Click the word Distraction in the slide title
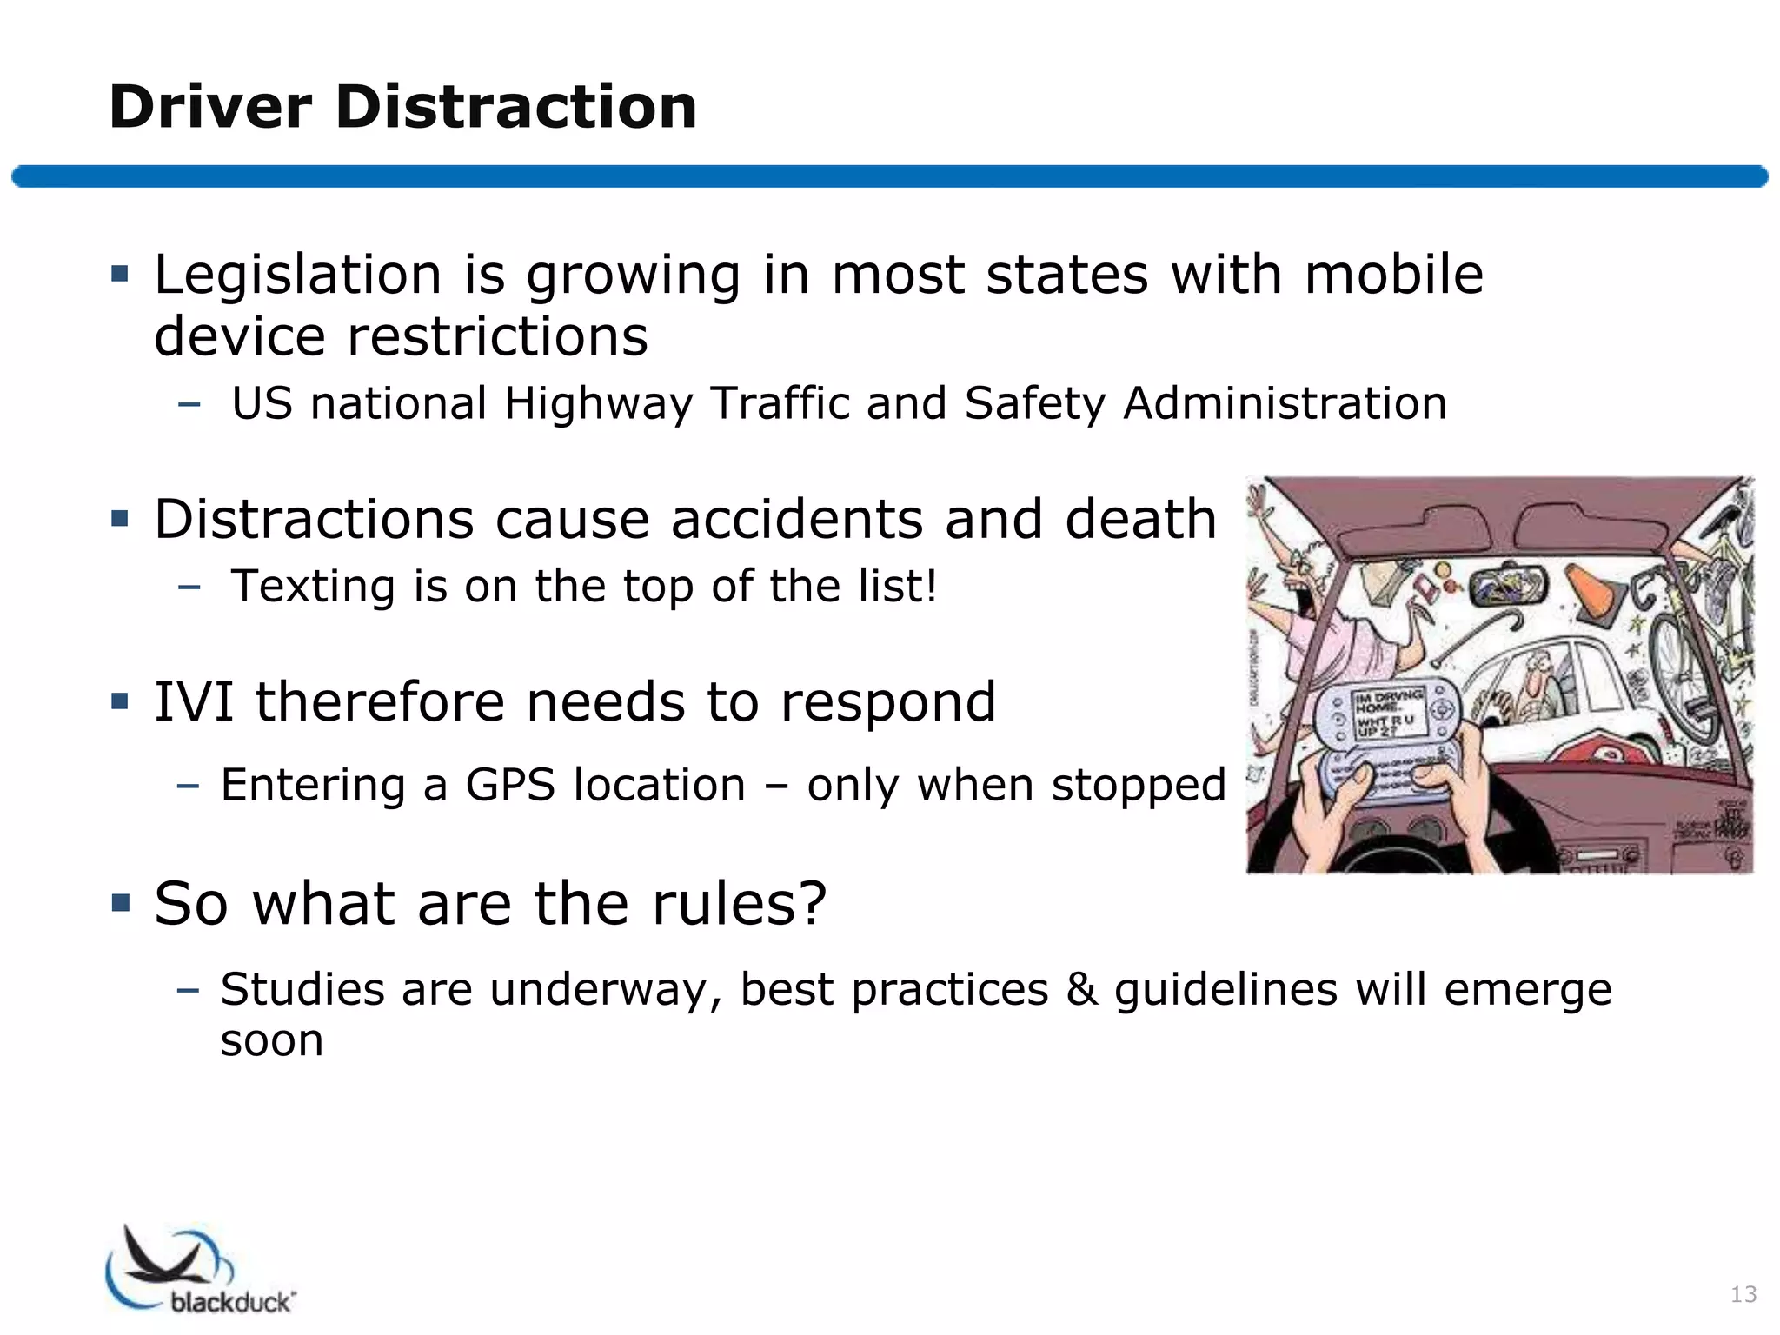pyautogui.click(x=515, y=108)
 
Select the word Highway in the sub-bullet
pyautogui.click(x=597, y=404)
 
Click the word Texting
pyautogui.click(x=312, y=587)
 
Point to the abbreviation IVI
pyautogui.click(x=194, y=702)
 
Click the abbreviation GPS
pyautogui.click(x=509, y=786)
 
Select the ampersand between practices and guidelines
pyautogui.click(x=1081, y=990)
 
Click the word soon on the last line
pyautogui.click(x=271, y=1040)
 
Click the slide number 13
pyautogui.click(x=1743, y=1295)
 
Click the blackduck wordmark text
pyautogui.click(x=233, y=1301)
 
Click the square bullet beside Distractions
pyautogui.click(x=120, y=520)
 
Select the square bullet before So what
pyautogui.click(x=120, y=903)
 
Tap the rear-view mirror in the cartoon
pyautogui.click(x=1508, y=587)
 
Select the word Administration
pyautogui.click(x=1285, y=404)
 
